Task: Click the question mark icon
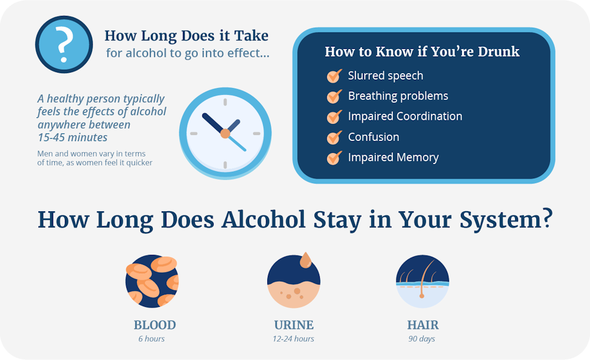[64, 44]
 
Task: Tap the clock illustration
[225, 133]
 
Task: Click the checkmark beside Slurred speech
[334, 76]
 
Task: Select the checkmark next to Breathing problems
[334, 96]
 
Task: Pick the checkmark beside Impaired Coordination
[334, 117]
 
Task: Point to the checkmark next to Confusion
[334, 138]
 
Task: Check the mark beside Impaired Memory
[334, 158]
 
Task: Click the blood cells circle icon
[152, 282]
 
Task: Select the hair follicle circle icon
[422, 282]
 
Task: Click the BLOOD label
[155, 325]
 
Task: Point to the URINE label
[294, 325]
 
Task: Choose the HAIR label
[423, 325]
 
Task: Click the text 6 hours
[152, 339]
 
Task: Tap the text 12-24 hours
[293, 339]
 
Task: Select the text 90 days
[422, 339]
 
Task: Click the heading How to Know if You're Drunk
[422, 52]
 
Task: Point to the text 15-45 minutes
[73, 138]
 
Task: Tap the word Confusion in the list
[373, 137]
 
